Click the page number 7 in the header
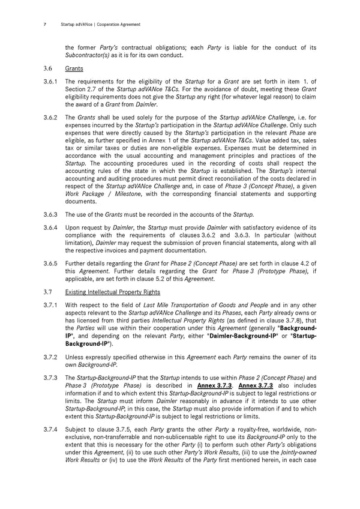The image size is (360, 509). pos(46,25)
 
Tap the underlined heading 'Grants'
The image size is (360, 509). pos(74,69)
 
